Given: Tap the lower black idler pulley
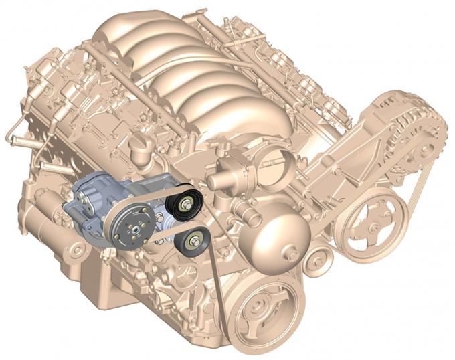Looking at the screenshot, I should click(x=193, y=242).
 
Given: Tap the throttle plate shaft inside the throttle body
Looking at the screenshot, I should click(x=270, y=159).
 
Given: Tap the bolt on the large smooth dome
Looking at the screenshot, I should click(x=292, y=254).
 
